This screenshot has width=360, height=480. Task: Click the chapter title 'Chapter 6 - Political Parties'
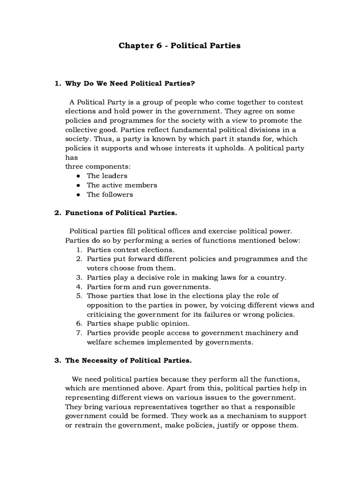tap(180, 45)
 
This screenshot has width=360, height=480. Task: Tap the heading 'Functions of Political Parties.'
tap(121, 213)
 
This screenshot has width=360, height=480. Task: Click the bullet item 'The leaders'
tap(107, 176)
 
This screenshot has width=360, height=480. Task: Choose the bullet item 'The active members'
tap(122, 185)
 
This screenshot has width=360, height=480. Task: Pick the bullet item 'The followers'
tap(110, 195)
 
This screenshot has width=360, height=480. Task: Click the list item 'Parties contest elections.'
tap(130, 250)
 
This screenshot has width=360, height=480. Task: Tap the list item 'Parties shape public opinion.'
tap(138, 323)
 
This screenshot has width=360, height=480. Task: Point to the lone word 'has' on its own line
tap(70, 157)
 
